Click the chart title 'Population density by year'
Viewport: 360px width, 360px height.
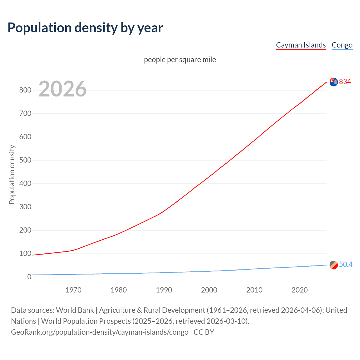85,28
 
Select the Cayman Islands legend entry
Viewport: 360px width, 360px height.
301,45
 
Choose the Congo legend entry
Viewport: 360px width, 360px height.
342,45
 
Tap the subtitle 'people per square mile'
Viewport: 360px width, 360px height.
180,60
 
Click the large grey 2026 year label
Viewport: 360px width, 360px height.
62,89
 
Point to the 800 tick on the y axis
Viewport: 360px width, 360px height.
25,90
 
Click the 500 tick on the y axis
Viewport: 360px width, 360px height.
25,160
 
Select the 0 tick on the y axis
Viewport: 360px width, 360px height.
29,277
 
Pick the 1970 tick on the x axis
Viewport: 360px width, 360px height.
73,290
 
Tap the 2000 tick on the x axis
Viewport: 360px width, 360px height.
209,290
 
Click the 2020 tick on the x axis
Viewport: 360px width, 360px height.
300,290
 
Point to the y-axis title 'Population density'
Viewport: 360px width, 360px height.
12,174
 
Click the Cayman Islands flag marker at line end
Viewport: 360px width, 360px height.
334,82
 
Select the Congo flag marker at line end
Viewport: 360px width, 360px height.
334,265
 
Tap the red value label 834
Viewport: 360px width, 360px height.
345,82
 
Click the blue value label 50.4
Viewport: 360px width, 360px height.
346,264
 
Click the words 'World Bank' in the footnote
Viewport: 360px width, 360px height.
75,310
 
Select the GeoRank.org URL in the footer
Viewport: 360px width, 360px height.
100,332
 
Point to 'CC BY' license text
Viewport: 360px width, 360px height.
204,332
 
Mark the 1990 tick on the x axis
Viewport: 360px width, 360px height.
164,290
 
